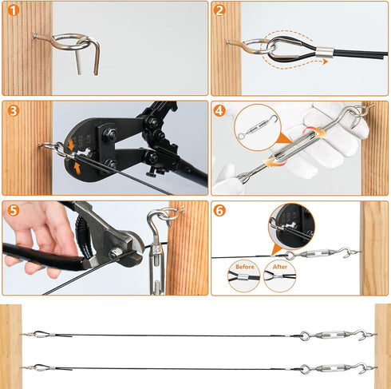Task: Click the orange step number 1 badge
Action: [13, 11]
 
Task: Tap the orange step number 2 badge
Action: [220, 11]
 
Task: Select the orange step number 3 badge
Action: [13, 110]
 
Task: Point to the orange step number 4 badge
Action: [220, 110]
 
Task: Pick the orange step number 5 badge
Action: [13, 211]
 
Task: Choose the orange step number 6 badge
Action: [220, 211]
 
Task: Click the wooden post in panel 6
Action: [374, 248]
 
